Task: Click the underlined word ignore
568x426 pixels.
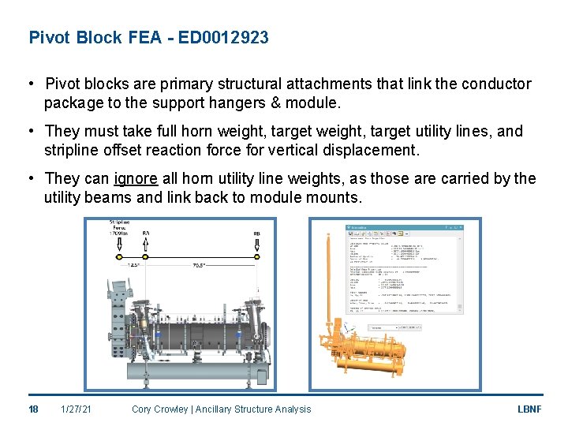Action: click(136, 178)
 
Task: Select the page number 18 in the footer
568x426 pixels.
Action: click(33, 409)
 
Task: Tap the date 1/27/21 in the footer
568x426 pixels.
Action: click(76, 409)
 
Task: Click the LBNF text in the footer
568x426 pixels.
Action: click(528, 409)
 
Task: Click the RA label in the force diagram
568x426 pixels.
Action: click(146, 234)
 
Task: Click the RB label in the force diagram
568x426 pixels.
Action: click(257, 234)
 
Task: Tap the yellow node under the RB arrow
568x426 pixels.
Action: click(257, 256)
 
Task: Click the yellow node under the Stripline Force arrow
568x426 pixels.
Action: click(118, 256)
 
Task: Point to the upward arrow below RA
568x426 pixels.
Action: click(146, 246)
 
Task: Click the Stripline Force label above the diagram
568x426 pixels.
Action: click(119, 228)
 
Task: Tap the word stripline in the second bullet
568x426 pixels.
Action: click(73, 150)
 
